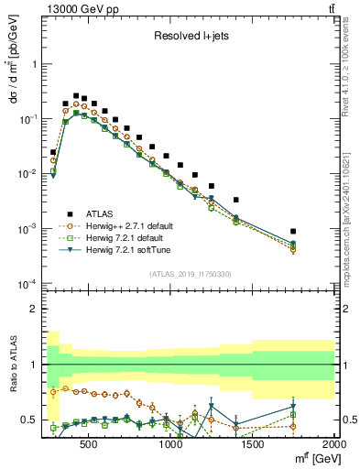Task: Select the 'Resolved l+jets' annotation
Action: (190, 36)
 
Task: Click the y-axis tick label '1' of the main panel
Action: (35, 65)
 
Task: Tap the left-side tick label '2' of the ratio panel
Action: (35, 309)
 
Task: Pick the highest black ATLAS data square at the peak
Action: (76, 95)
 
